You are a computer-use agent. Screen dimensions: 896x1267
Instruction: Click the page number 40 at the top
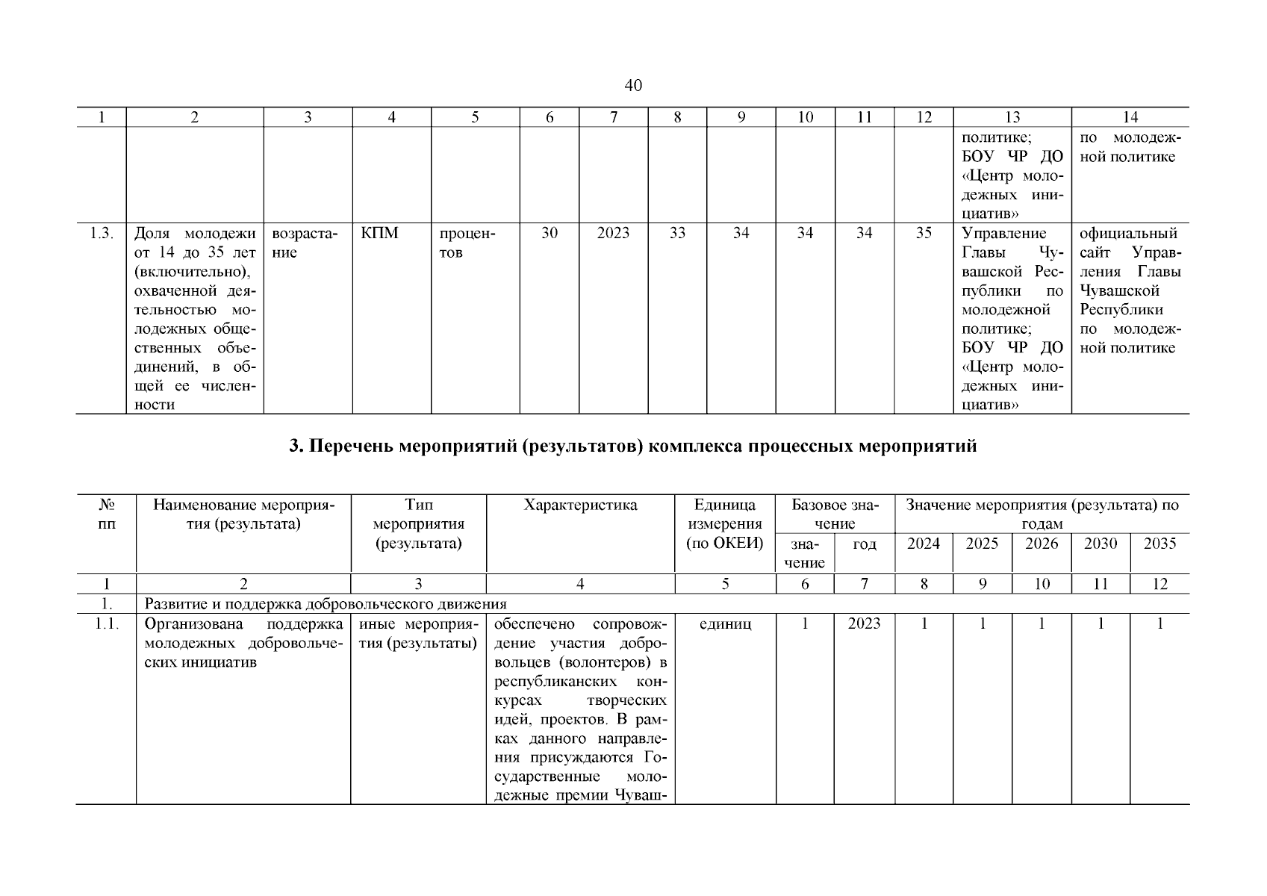[x=632, y=86]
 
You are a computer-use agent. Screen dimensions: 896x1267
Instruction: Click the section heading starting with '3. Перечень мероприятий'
[x=632, y=447]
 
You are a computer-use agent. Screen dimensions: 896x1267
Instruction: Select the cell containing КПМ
[x=379, y=234]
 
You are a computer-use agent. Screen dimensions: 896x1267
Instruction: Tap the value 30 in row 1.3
[x=549, y=234]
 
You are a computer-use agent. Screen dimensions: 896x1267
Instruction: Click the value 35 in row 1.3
[x=924, y=234]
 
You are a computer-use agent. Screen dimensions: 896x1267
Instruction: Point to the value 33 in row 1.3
[x=676, y=234]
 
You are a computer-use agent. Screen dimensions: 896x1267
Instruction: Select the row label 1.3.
[x=101, y=234]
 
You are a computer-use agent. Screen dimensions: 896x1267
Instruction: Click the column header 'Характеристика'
[x=580, y=505]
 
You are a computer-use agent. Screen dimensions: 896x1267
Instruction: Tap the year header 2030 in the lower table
[x=1100, y=544]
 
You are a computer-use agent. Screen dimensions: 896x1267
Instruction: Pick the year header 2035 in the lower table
[x=1159, y=544]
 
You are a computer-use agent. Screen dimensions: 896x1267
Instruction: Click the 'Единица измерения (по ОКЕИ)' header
[x=724, y=524]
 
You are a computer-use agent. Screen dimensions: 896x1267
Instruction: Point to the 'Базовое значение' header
[x=835, y=514]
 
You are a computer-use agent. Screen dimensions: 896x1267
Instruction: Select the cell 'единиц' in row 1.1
[x=724, y=624]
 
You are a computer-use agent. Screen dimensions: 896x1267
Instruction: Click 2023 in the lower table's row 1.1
[x=864, y=624]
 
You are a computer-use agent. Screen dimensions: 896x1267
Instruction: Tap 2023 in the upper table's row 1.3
[x=613, y=234]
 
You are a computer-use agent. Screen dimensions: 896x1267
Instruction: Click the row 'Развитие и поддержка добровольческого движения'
[x=326, y=604]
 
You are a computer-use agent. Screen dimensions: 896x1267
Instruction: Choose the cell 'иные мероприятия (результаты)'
[x=418, y=633]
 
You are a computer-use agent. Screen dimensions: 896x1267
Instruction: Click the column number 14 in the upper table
[x=1130, y=117]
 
